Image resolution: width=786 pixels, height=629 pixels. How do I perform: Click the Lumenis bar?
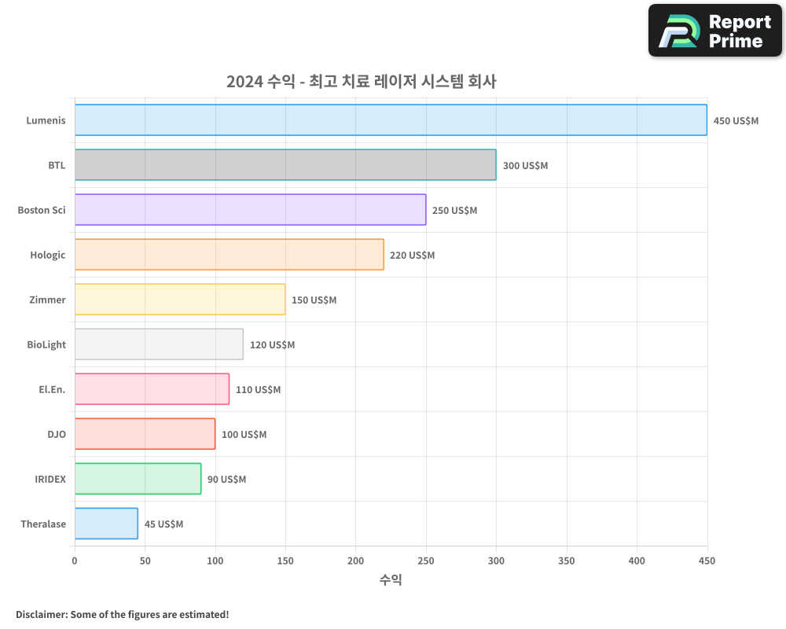coord(391,120)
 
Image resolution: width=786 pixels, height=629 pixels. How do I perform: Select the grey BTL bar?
coord(285,165)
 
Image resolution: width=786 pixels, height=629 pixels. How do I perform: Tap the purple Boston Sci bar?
coord(250,210)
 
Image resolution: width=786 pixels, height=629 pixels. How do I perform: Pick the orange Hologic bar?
coord(229,255)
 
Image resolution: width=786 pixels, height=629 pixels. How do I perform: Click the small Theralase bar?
coord(106,524)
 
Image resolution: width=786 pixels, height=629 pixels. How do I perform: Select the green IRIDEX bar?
coord(138,479)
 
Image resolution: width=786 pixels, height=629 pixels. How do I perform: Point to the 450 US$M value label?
coord(736,121)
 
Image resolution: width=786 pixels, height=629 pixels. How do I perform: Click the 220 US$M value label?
coord(412,256)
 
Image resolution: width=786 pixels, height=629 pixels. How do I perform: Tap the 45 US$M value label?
coord(163,524)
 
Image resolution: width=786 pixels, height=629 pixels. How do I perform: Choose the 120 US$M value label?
coord(272,345)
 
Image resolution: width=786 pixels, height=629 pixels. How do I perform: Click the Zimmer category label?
coord(48,300)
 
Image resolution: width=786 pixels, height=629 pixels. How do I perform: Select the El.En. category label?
coord(52,389)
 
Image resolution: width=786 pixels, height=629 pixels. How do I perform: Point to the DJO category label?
coord(57,434)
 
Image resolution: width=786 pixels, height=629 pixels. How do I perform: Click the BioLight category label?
coord(46,344)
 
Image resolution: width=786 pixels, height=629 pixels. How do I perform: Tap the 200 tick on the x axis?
coord(355,561)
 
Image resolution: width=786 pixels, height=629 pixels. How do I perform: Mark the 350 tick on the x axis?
coord(566,561)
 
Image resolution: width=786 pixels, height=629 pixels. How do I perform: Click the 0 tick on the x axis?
coord(75,561)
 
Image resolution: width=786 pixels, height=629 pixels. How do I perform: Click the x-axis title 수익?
coord(391,579)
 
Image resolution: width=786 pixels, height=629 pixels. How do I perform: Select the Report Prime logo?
coord(714,31)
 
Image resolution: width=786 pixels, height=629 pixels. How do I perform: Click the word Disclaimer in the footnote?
coord(40,614)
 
